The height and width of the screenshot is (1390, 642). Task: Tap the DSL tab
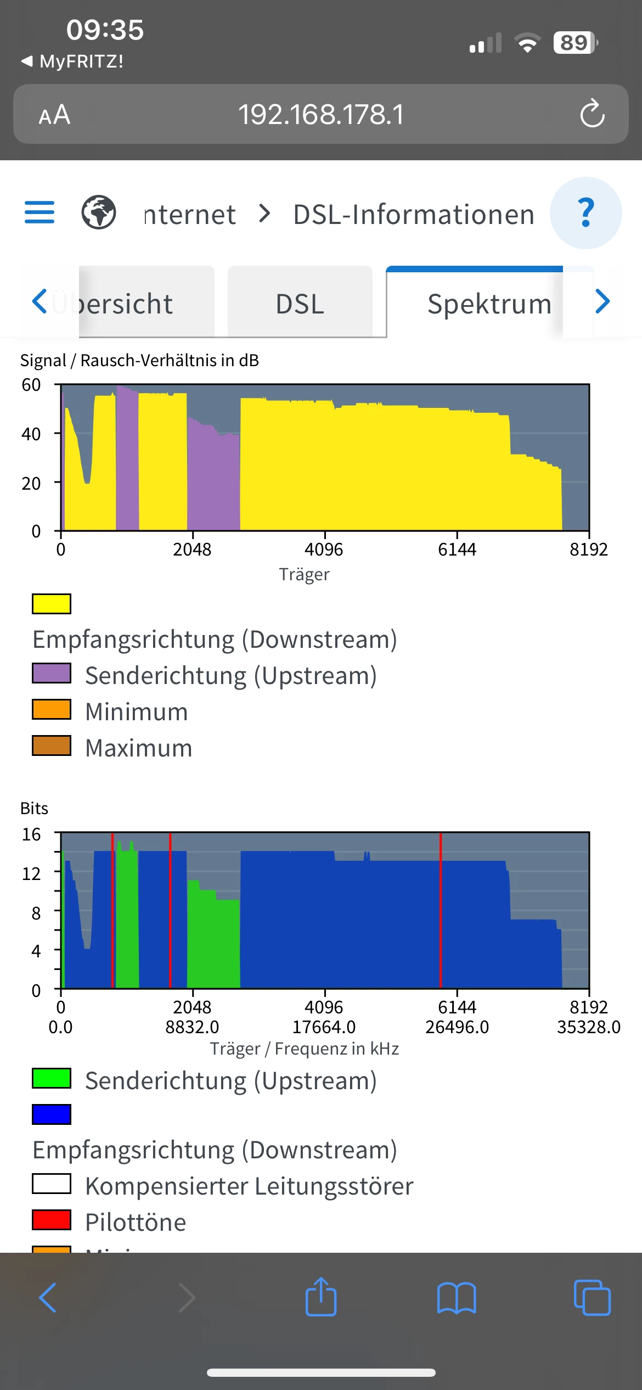[300, 303]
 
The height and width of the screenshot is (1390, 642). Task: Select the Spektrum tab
[489, 303]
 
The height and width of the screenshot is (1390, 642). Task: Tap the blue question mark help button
[585, 213]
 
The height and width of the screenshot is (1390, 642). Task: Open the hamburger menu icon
[40, 212]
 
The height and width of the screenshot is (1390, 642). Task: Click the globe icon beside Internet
[99, 212]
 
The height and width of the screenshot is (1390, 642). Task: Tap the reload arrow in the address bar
[592, 114]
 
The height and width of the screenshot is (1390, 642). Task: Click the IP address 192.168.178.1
[321, 115]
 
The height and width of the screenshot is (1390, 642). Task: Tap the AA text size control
[54, 115]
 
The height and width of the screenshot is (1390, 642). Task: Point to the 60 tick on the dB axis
[31, 385]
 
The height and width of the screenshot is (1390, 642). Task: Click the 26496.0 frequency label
[457, 1027]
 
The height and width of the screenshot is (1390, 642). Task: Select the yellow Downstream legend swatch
[52, 604]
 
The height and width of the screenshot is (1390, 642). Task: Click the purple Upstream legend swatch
[52, 673]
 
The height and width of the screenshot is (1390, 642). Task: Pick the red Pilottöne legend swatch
[52, 1220]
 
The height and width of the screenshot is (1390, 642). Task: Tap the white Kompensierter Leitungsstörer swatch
[52, 1184]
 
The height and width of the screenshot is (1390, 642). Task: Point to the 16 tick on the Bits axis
[31, 834]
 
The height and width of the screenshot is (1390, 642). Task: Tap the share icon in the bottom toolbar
[321, 1298]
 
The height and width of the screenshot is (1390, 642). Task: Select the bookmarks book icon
[457, 1298]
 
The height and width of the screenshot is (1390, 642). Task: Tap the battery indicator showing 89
[575, 42]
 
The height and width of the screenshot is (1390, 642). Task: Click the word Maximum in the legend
[139, 748]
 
